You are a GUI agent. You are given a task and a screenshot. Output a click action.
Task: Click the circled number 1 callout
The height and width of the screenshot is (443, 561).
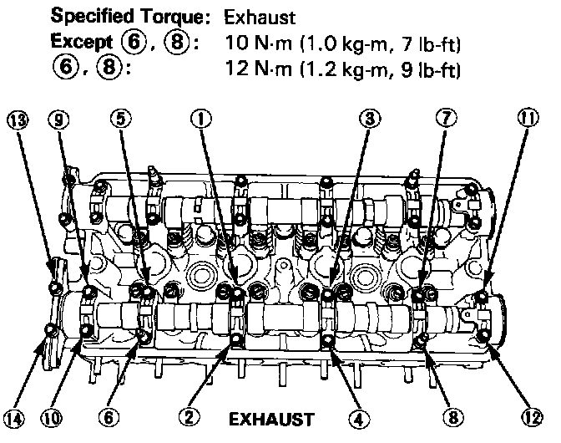tap(200, 119)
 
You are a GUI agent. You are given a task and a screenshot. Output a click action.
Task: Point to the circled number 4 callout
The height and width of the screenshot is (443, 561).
tap(358, 415)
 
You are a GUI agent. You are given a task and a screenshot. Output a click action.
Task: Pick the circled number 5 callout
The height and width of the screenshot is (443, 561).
tap(123, 119)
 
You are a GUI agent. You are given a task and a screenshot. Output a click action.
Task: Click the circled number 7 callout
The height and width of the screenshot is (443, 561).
tap(447, 119)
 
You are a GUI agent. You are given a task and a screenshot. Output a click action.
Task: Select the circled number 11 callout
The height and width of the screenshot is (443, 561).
tap(525, 119)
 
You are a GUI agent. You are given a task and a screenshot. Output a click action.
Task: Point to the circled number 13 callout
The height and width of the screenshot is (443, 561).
tap(15, 119)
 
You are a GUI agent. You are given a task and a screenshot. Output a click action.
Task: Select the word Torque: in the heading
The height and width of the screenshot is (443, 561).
tap(164, 16)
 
